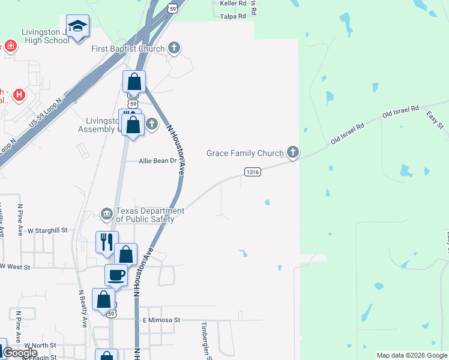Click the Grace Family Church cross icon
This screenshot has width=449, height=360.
[292, 153]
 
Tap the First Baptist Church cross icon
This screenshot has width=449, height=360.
[174, 48]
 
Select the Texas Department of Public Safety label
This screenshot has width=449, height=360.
[149, 215]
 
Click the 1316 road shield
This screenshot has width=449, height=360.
[253, 172]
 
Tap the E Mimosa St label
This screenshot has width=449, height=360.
[161, 320]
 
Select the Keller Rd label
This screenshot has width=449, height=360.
[233, 4]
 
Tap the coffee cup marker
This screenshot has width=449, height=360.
[116, 275]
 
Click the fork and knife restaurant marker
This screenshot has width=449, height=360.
[107, 241]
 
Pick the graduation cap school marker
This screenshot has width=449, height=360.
[77, 26]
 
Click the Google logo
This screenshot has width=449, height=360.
[19, 353]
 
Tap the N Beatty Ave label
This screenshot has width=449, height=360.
[82, 308]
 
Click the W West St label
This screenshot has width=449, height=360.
[15, 266]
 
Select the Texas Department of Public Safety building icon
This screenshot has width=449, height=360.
[106, 214]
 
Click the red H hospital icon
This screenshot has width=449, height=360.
[19, 95]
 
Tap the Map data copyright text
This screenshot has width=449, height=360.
[412, 355]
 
